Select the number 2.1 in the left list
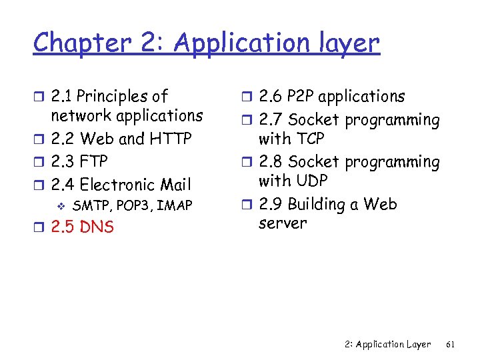(63, 97)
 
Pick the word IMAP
(175, 205)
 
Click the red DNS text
(97, 227)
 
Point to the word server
(283, 223)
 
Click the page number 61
(450, 344)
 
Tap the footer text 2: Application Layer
(389, 344)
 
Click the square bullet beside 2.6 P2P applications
(246, 97)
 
